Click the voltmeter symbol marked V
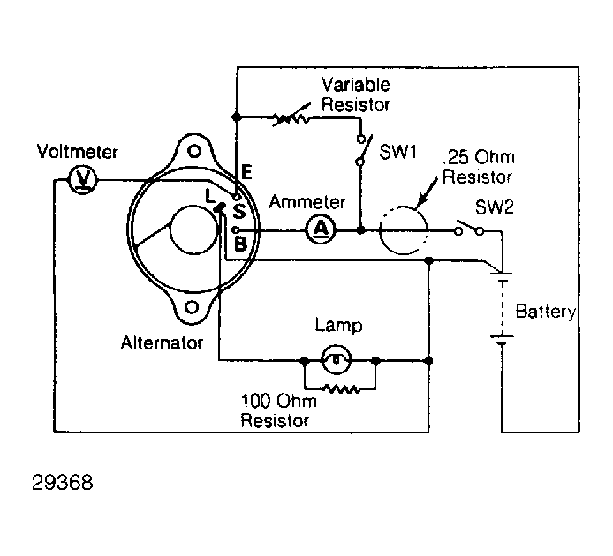[x=82, y=180]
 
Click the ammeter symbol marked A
[x=321, y=229]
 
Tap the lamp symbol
[x=336, y=360]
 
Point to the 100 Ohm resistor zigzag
[x=342, y=389]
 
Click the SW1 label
[x=398, y=152]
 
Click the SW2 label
[x=494, y=207]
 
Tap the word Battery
[x=546, y=312]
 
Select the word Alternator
[x=162, y=342]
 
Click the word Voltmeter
[x=77, y=151]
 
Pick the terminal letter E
[x=246, y=172]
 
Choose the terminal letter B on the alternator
[x=240, y=244]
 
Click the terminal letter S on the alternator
[x=238, y=212]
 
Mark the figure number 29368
[x=63, y=483]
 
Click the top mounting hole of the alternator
[x=194, y=151]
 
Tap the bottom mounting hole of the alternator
[x=192, y=307]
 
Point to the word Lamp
[x=338, y=326]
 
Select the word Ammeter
[x=307, y=202]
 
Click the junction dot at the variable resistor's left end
[x=236, y=116]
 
